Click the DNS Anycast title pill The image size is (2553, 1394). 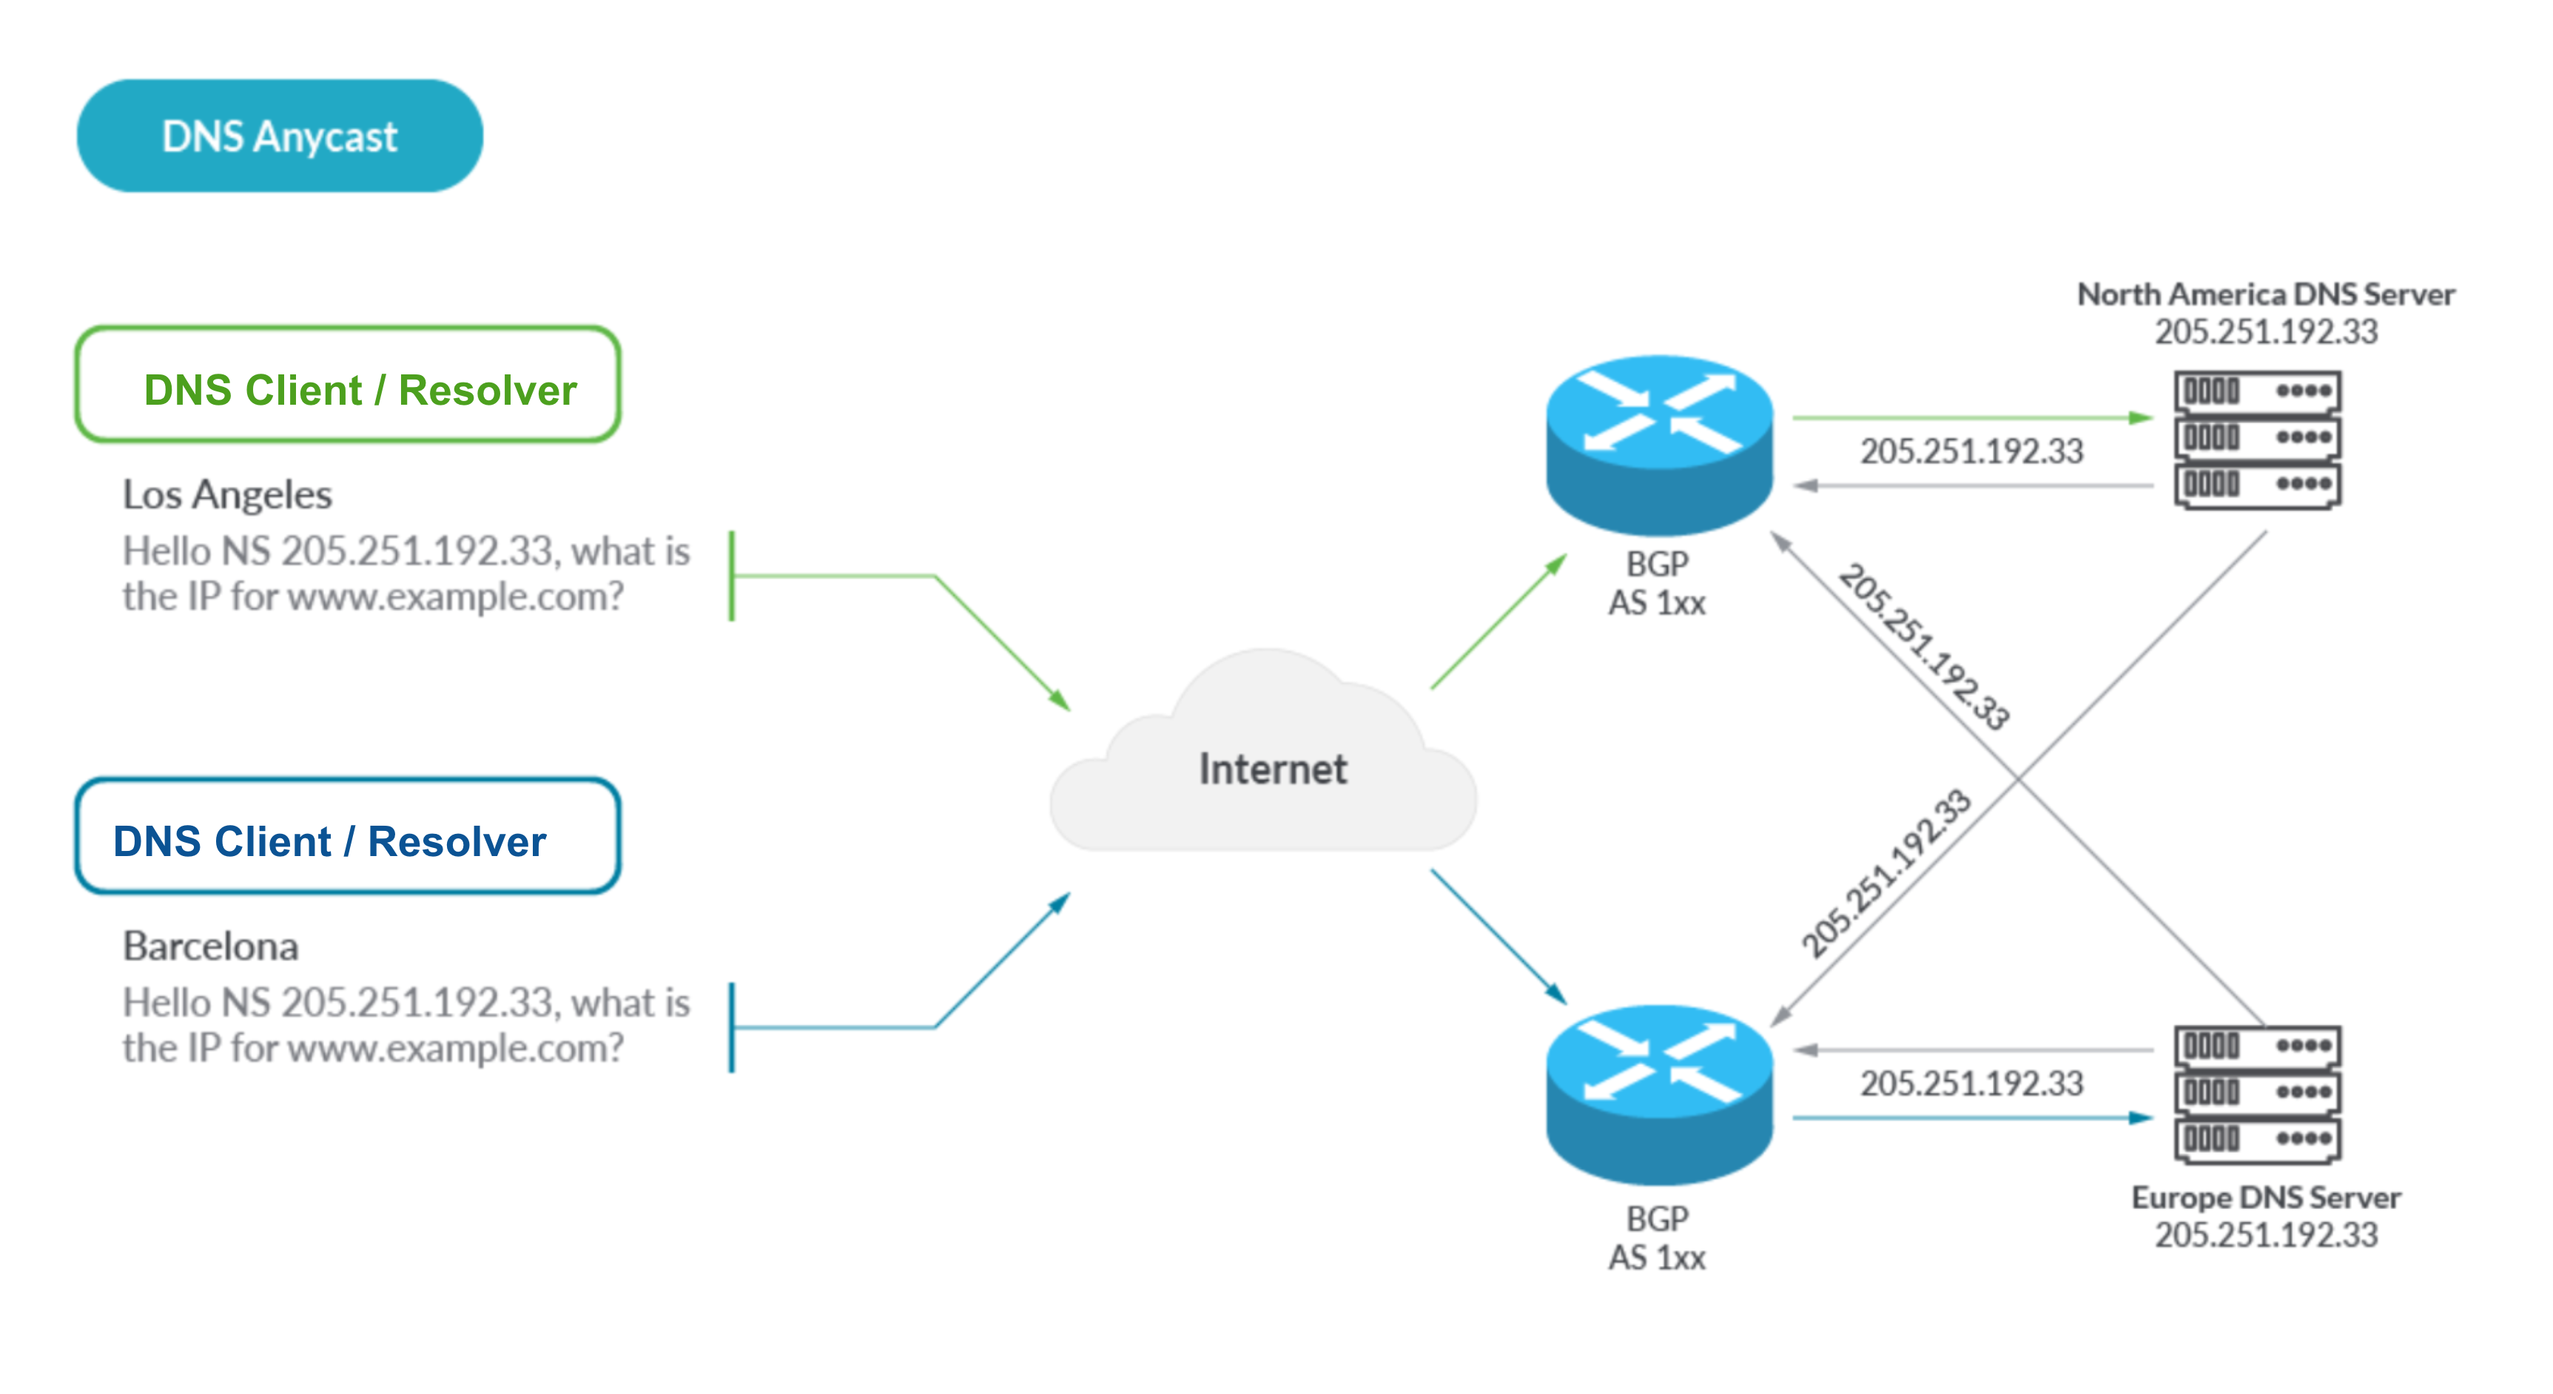(x=280, y=135)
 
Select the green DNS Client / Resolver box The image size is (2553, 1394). (x=348, y=385)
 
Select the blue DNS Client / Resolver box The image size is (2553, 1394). (x=348, y=837)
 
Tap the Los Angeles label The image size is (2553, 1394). (x=227, y=494)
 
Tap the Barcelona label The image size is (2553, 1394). (x=210, y=946)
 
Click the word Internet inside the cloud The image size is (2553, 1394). (x=1273, y=770)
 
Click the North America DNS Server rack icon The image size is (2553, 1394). (x=2257, y=439)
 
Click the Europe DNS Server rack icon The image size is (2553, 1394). (x=2257, y=1093)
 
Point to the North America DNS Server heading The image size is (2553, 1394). (x=2266, y=294)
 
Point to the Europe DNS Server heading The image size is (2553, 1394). (x=2266, y=1198)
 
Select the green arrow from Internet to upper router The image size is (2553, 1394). (x=1498, y=622)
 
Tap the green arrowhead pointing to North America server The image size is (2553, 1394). (x=2140, y=418)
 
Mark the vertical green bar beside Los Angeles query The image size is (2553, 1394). (x=731, y=576)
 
